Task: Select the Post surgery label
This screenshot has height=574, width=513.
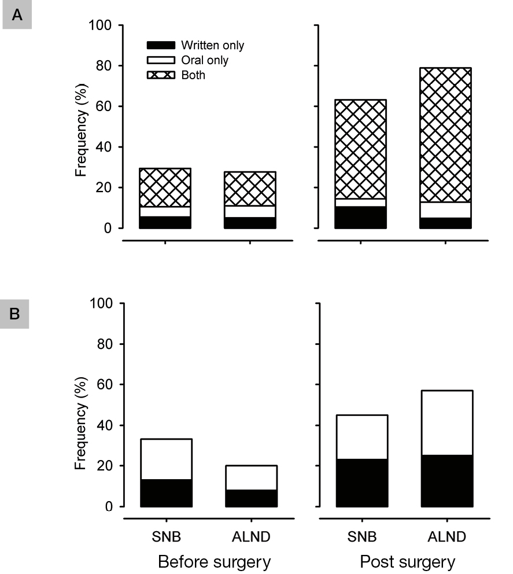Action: tap(407, 562)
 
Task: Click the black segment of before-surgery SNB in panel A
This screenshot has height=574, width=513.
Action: tap(165, 222)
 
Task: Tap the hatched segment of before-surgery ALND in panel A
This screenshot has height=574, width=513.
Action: tap(250, 189)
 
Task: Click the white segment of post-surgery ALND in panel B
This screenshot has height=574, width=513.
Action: tap(445, 422)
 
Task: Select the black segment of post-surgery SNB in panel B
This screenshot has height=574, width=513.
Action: tap(360, 483)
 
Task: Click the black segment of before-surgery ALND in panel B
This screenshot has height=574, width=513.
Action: tap(250, 498)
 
